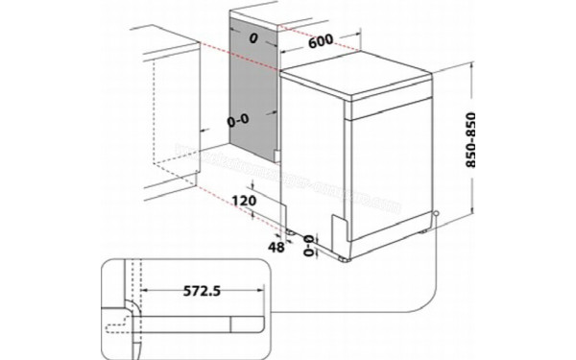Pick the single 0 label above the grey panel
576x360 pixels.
252,39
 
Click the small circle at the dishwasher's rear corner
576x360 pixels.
437,213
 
